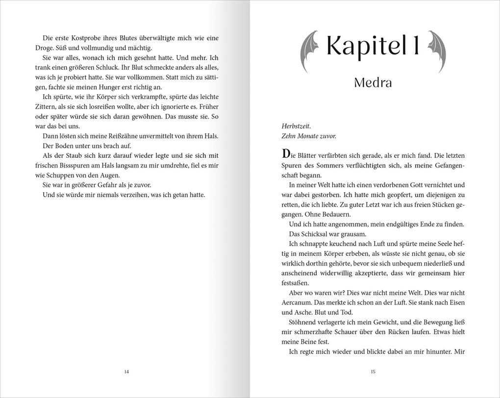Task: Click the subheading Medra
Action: [x=373, y=83]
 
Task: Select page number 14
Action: [x=126, y=372]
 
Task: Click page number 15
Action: [x=373, y=372]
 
